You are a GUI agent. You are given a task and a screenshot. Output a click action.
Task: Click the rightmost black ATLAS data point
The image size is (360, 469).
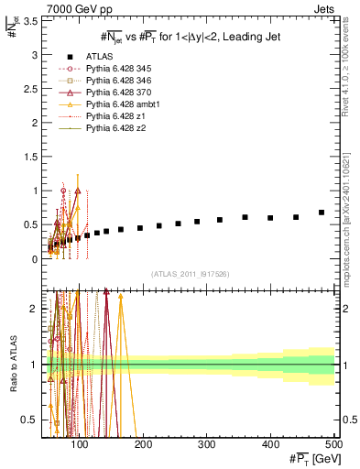pos(322,213)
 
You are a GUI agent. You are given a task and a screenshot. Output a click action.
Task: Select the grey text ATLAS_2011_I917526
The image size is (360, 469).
pos(191,274)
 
